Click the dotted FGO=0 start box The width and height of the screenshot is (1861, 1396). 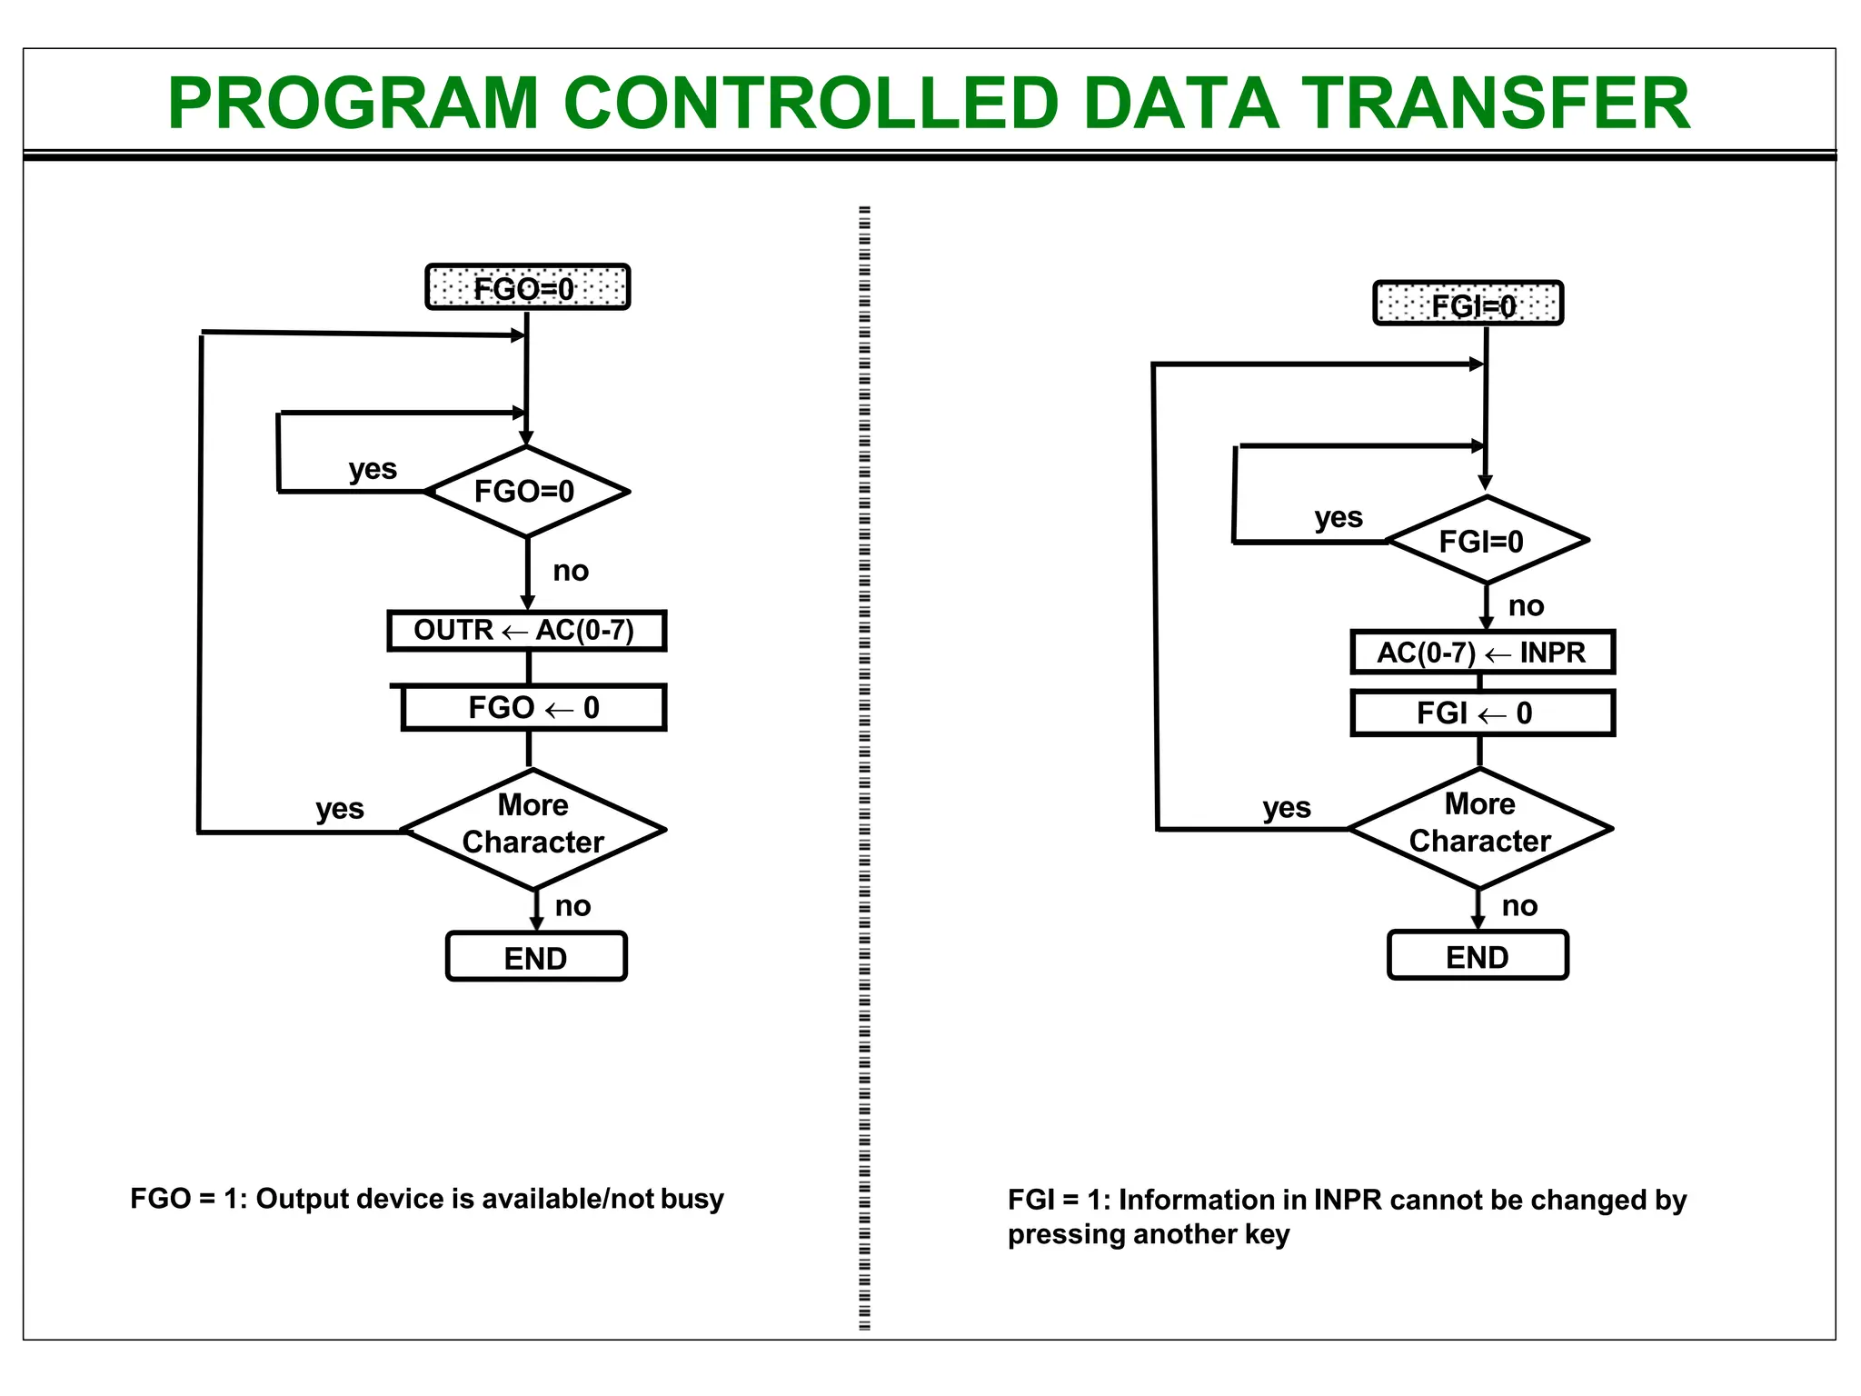(527, 287)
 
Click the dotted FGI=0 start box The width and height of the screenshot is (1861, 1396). (1468, 304)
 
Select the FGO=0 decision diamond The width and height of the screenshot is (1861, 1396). (526, 492)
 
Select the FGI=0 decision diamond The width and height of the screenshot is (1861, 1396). (1487, 541)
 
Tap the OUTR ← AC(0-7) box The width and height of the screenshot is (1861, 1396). (526, 630)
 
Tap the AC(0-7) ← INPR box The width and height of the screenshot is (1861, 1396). (1482, 652)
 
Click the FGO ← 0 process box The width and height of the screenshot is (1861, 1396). (533, 707)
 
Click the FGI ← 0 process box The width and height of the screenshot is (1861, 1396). (1482, 713)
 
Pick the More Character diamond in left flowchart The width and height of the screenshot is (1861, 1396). (533, 828)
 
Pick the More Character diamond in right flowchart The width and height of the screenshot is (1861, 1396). (1480, 827)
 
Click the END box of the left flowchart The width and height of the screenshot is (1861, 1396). (536, 957)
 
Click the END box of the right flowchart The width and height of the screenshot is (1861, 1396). (1478, 956)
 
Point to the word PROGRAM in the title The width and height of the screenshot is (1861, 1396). (354, 104)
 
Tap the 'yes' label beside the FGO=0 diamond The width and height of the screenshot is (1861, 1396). (373, 469)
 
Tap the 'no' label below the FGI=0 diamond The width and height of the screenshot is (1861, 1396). (1526, 606)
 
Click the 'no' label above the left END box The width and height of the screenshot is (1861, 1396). (572, 906)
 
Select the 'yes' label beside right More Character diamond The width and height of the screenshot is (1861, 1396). (1286, 807)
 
